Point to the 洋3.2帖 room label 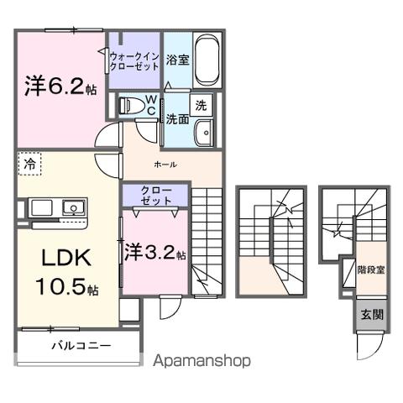point(155,251)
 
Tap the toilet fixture point(130,107)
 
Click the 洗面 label point(176,118)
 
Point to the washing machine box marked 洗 point(201,106)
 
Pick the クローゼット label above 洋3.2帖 point(156,196)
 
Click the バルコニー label point(80,345)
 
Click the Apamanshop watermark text point(201,360)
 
